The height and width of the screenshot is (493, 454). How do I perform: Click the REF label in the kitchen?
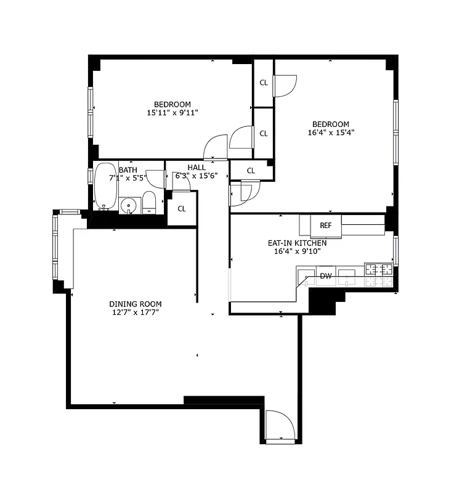click(x=325, y=226)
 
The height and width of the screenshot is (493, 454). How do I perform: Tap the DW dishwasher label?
click(x=325, y=276)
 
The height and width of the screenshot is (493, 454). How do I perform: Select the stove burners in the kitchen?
click(x=379, y=269)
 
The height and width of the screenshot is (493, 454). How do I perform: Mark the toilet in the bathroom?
click(x=149, y=203)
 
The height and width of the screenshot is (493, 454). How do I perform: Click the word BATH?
click(x=128, y=170)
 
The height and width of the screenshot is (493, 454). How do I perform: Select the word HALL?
click(x=197, y=168)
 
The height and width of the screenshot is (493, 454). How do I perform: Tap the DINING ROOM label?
click(x=136, y=304)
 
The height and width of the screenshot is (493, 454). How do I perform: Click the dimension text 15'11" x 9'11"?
click(x=172, y=113)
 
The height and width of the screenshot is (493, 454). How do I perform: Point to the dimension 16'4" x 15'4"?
click(x=331, y=132)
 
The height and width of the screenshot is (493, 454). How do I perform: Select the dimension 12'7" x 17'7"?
click(x=136, y=312)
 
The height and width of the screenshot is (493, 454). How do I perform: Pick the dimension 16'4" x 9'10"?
click(x=297, y=251)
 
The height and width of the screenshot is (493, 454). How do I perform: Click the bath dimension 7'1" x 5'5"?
click(x=126, y=178)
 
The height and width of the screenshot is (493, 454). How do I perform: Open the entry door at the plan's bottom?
click(x=281, y=425)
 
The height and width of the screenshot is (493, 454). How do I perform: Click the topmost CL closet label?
click(x=264, y=83)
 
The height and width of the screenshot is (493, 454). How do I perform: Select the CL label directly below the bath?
click(x=182, y=209)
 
